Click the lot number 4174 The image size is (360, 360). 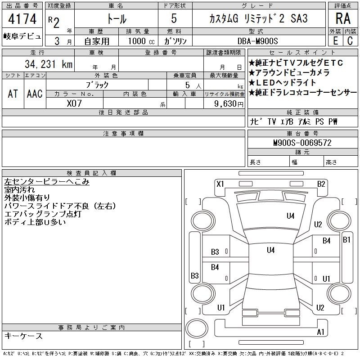click(22, 19)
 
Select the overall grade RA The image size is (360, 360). click(343, 18)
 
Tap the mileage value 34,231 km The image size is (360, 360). click(49, 64)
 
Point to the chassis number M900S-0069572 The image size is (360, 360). click(302, 143)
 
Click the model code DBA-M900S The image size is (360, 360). click(257, 41)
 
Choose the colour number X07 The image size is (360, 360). click(74, 103)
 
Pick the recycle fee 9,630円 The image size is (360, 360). click(229, 104)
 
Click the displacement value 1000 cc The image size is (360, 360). click(141, 41)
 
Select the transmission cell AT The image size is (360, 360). click(13, 94)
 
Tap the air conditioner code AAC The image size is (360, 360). click(35, 94)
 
